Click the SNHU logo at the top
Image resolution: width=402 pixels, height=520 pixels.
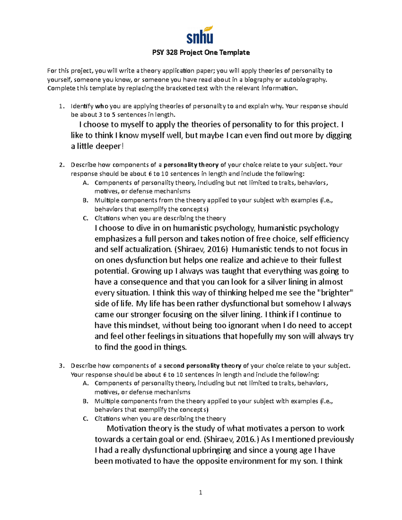click(x=200, y=35)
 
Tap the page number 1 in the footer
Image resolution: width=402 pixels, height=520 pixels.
click(x=200, y=492)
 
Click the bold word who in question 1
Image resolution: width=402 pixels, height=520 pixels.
click(x=102, y=106)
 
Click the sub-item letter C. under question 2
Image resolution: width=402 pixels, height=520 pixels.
click(x=85, y=218)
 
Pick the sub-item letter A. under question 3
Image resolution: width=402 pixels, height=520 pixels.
click(x=85, y=383)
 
